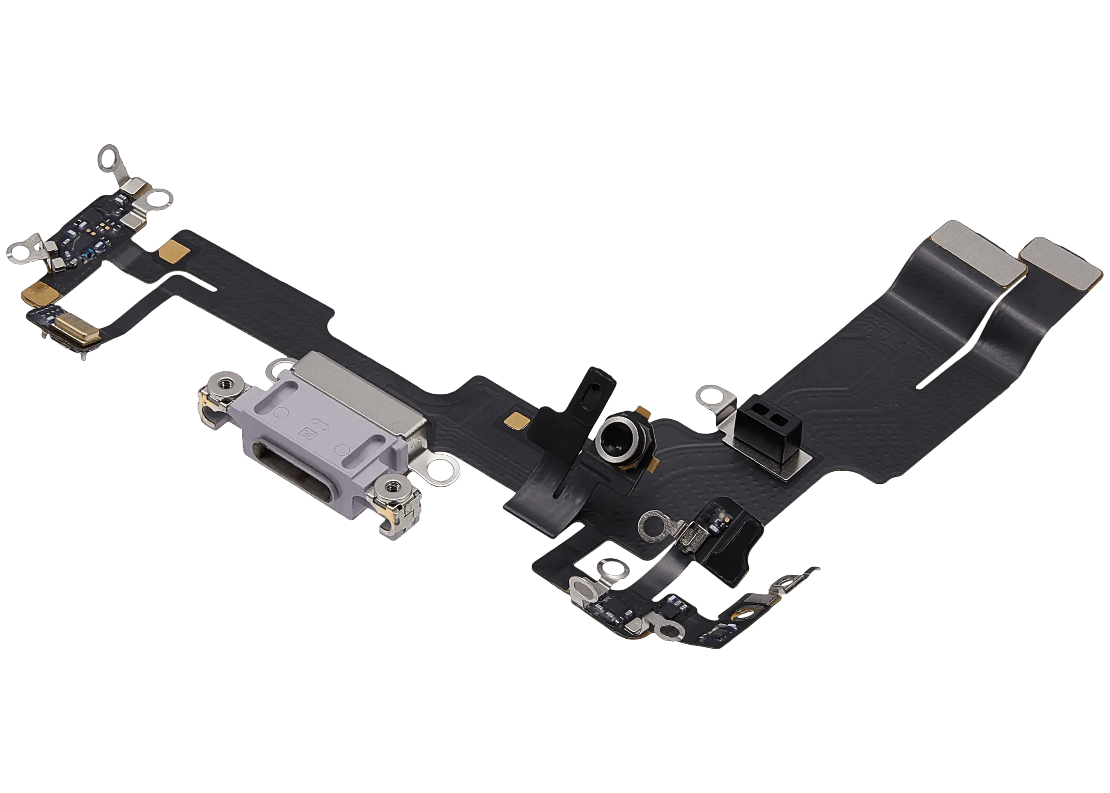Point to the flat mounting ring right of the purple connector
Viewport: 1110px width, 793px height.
coord(441,471)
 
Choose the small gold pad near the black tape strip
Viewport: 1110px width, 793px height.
coord(517,419)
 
